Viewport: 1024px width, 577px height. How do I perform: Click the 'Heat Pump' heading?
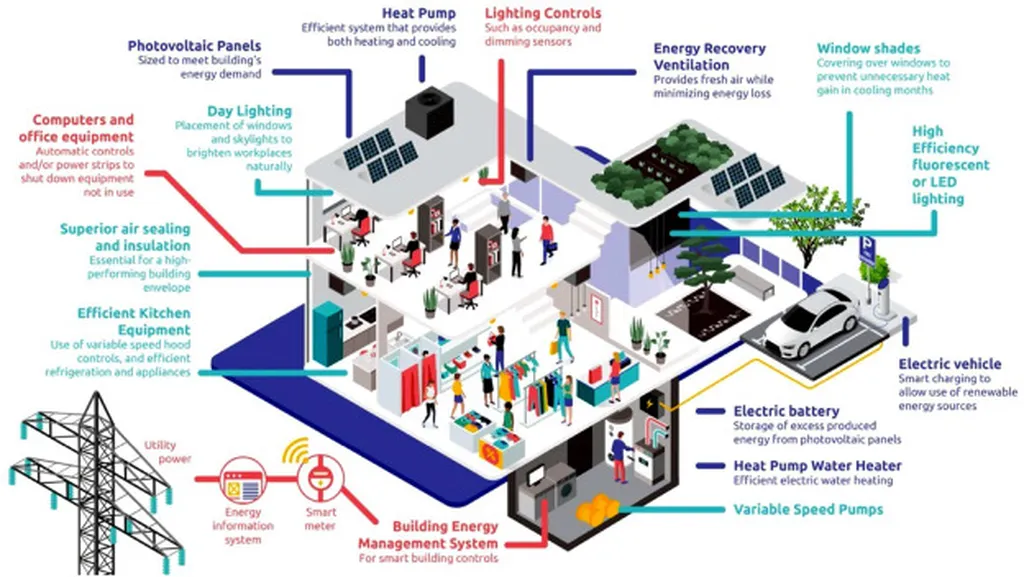coord(419,13)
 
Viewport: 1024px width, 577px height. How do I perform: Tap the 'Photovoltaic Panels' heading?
coord(195,45)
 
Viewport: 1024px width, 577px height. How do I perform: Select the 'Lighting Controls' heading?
coord(543,13)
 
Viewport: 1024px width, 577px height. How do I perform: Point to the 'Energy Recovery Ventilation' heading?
coord(710,56)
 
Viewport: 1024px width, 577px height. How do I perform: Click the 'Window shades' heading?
coord(868,48)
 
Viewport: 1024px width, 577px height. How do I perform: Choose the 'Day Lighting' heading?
coord(250,111)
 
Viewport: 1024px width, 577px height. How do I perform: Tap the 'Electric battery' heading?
coord(786,411)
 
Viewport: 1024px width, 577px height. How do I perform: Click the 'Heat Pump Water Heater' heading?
coord(817,466)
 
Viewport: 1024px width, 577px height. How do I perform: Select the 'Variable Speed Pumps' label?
coord(809,509)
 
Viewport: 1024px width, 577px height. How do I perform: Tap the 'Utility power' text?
coord(165,452)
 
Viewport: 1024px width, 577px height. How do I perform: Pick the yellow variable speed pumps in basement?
coord(593,508)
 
